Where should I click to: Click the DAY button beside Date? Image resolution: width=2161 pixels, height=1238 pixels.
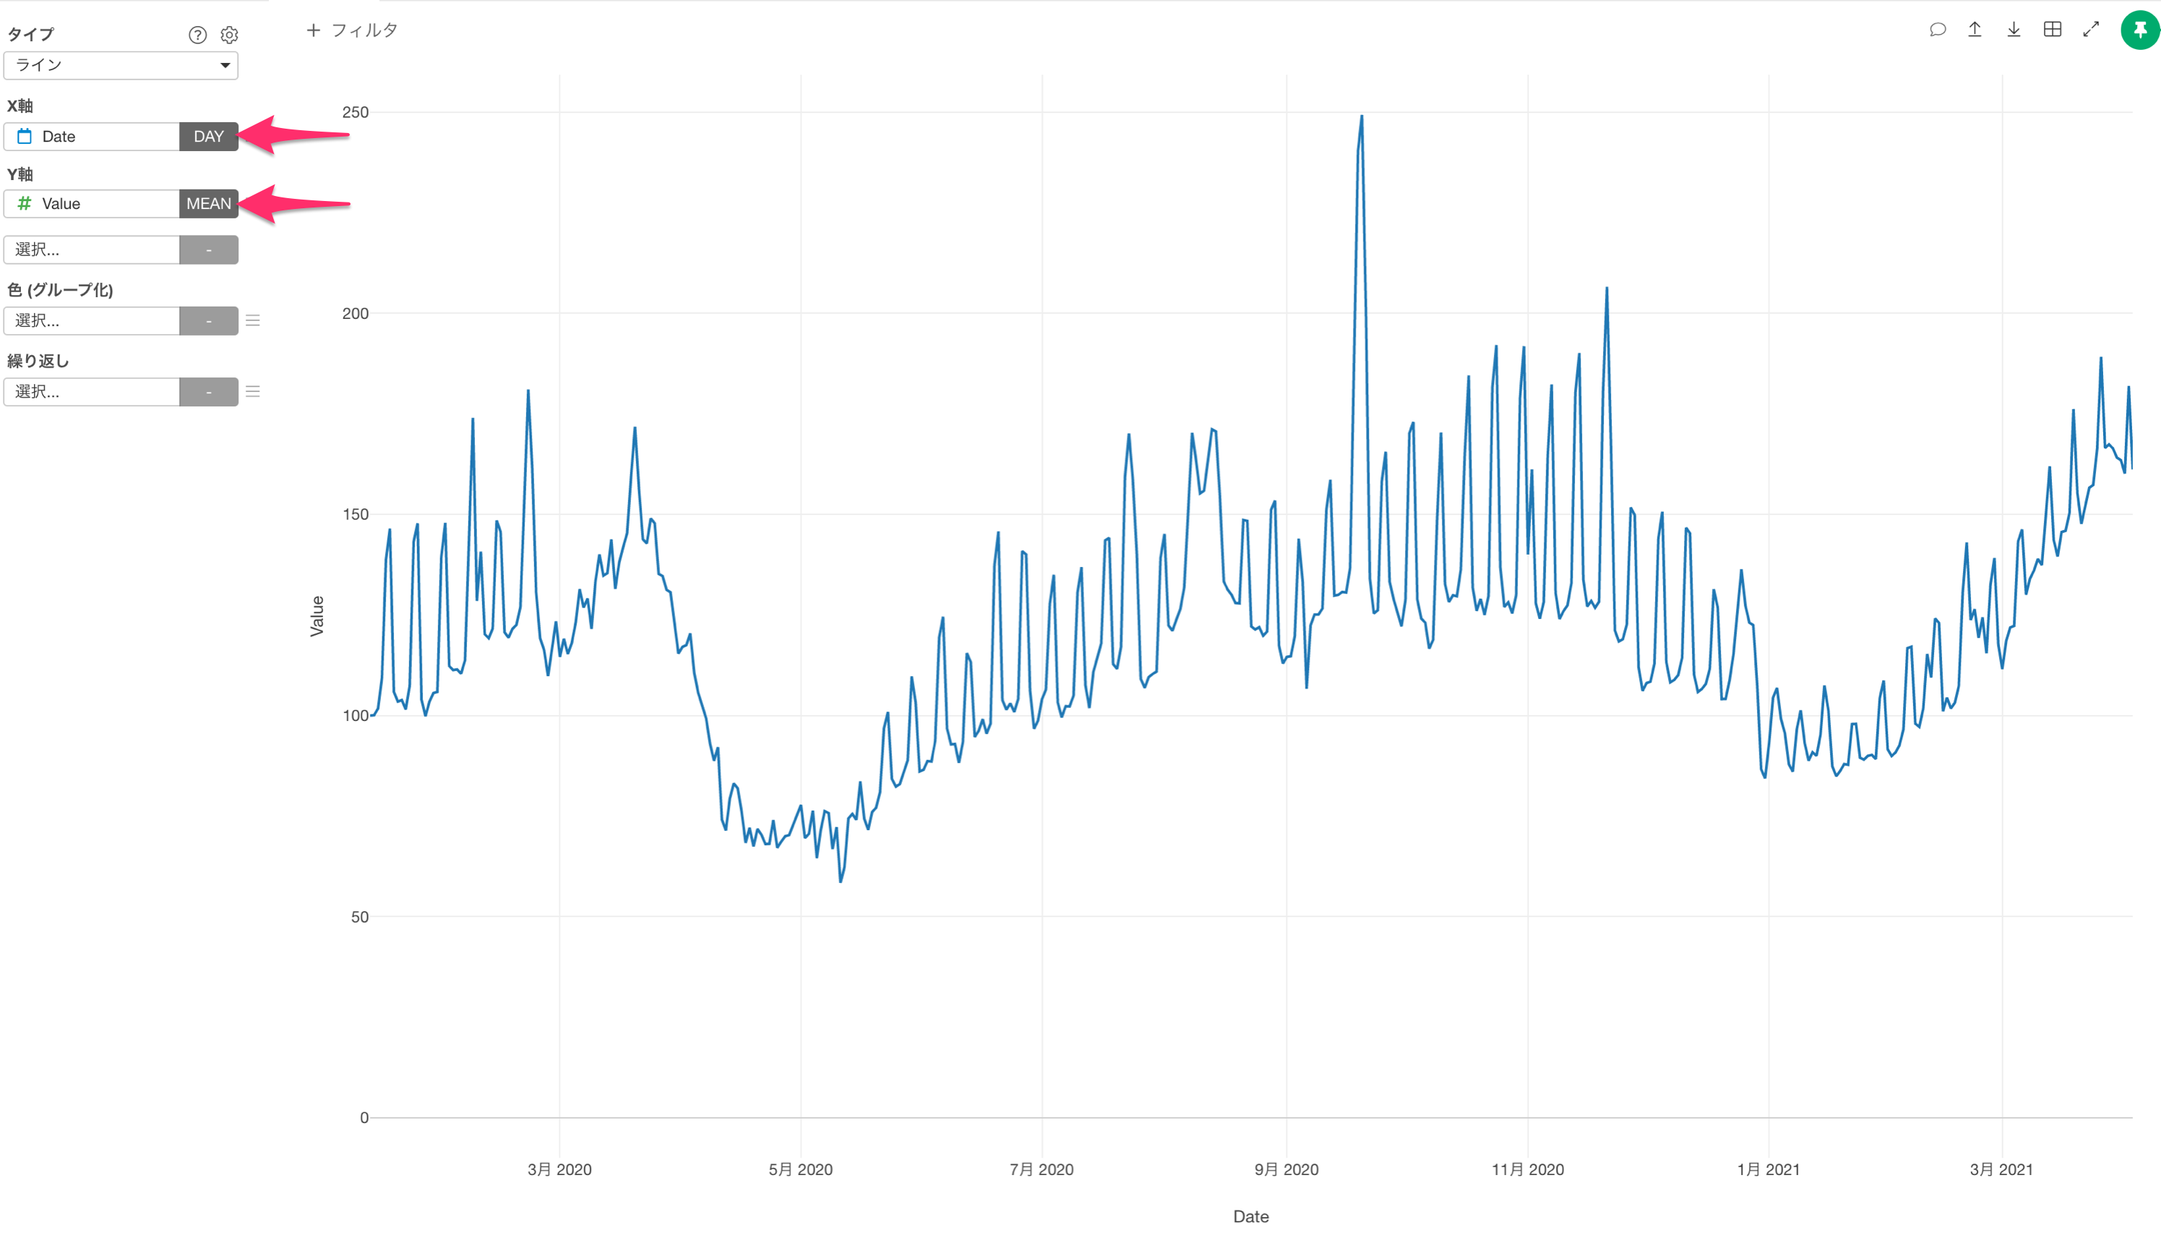tap(208, 136)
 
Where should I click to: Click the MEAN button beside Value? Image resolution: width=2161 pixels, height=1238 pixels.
tap(208, 203)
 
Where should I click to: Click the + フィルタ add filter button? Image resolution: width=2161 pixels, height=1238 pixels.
tap(352, 30)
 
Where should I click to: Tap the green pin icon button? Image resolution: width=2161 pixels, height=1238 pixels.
tap(2139, 30)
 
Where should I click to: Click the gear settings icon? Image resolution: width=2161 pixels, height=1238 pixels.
tap(229, 35)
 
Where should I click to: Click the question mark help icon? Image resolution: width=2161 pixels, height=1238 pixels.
tap(197, 35)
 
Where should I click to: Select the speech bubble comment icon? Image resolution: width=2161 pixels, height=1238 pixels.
tap(1938, 30)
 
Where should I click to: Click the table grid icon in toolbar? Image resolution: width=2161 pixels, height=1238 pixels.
tap(2053, 30)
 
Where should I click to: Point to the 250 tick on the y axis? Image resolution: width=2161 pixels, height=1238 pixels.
tap(355, 112)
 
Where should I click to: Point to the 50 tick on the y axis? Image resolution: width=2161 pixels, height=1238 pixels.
tap(359, 917)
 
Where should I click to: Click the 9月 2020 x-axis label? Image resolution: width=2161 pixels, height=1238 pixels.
tap(1286, 1169)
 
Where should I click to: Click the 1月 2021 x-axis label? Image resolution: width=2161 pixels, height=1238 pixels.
tap(1769, 1169)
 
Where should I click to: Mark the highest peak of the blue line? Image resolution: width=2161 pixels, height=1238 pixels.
tap(1362, 116)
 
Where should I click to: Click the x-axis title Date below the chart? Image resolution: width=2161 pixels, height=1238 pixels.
tap(1251, 1216)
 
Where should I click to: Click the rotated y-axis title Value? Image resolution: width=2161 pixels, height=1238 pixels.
tap(317, 615)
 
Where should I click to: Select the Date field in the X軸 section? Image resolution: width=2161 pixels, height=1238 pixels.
tap(92, 136)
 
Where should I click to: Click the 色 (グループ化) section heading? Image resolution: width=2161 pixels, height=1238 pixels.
tap(60, 290)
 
